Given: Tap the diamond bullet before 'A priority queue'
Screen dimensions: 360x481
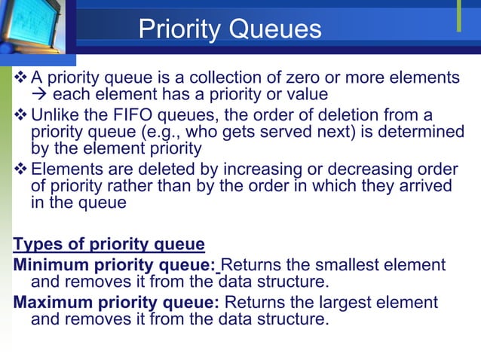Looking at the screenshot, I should point(20,78).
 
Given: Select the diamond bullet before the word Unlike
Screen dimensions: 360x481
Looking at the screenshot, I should point(20,114).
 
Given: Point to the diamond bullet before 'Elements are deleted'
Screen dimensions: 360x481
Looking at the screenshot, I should point(20,168).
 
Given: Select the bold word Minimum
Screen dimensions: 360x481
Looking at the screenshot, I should point(47,265).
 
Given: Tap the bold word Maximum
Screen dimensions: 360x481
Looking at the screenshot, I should point(50,302).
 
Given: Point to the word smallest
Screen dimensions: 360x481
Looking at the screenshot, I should point(346,265).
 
